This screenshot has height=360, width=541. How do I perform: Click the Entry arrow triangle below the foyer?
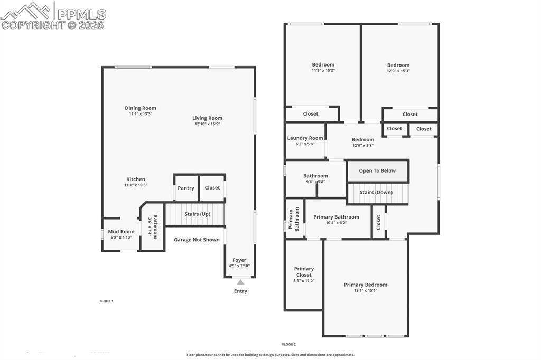240,282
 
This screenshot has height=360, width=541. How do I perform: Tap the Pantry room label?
186,188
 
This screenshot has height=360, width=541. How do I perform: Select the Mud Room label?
121,231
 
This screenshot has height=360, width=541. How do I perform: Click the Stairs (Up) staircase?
195,214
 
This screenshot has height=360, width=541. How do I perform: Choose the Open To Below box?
377,171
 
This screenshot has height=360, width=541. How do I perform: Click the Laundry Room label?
305,138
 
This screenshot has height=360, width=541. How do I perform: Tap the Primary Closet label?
304,272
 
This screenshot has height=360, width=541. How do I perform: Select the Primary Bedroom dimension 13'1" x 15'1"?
366,291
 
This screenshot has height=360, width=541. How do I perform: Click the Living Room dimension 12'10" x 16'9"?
207,124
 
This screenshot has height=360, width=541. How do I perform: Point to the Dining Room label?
141,108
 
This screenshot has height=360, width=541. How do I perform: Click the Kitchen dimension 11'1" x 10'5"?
135,185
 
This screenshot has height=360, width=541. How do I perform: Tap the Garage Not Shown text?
197,240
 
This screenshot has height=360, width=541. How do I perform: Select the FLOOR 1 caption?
107,301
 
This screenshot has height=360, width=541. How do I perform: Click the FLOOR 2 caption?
288,344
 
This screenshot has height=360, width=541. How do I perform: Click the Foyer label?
239,260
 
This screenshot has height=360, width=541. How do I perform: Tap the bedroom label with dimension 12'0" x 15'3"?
398,65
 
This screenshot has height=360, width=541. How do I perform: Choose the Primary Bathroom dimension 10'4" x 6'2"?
336,223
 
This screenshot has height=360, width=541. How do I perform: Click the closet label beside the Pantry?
212,188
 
